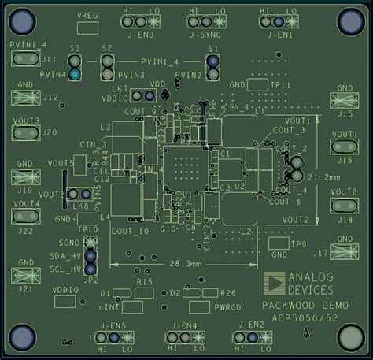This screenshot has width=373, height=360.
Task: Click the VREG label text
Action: [87, 16]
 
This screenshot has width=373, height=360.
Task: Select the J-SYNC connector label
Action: [204, 35]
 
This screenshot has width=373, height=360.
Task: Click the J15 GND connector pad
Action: [344, 100]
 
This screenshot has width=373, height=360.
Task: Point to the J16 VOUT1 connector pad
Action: [344, 146]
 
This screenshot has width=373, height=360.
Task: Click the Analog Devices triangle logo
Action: [275, 284]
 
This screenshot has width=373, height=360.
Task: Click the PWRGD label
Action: [226, 305]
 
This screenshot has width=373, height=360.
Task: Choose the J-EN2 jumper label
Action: [249, 325]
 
